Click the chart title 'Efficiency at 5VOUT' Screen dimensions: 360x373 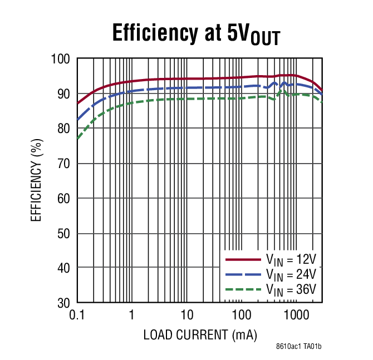[x=196, y=34]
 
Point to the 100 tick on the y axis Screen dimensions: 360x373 [x=62, y=59]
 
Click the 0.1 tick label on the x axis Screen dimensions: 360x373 [x=77, y=315]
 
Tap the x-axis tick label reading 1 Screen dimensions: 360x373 [x=131, y=315]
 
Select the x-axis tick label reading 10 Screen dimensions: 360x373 [x=186, y=315]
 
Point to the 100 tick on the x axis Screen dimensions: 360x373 [x=241, y=315]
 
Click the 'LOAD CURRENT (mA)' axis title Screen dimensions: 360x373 [x=200, y=335]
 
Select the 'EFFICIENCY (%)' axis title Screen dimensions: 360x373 [x=36, y=181]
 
